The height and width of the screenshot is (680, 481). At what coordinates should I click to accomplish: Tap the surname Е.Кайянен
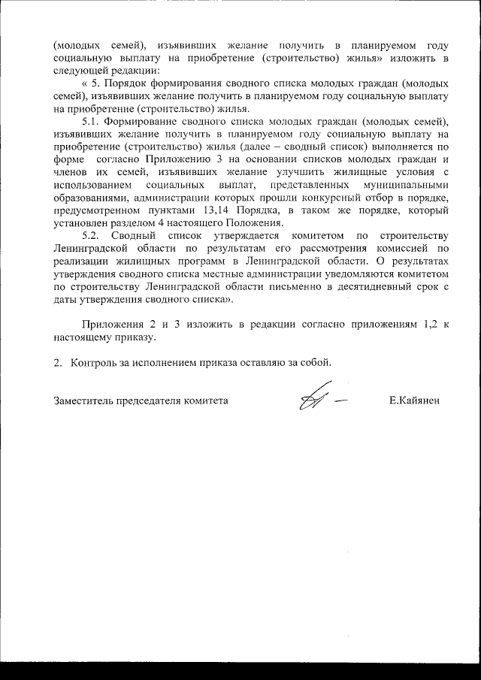[414, 400]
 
